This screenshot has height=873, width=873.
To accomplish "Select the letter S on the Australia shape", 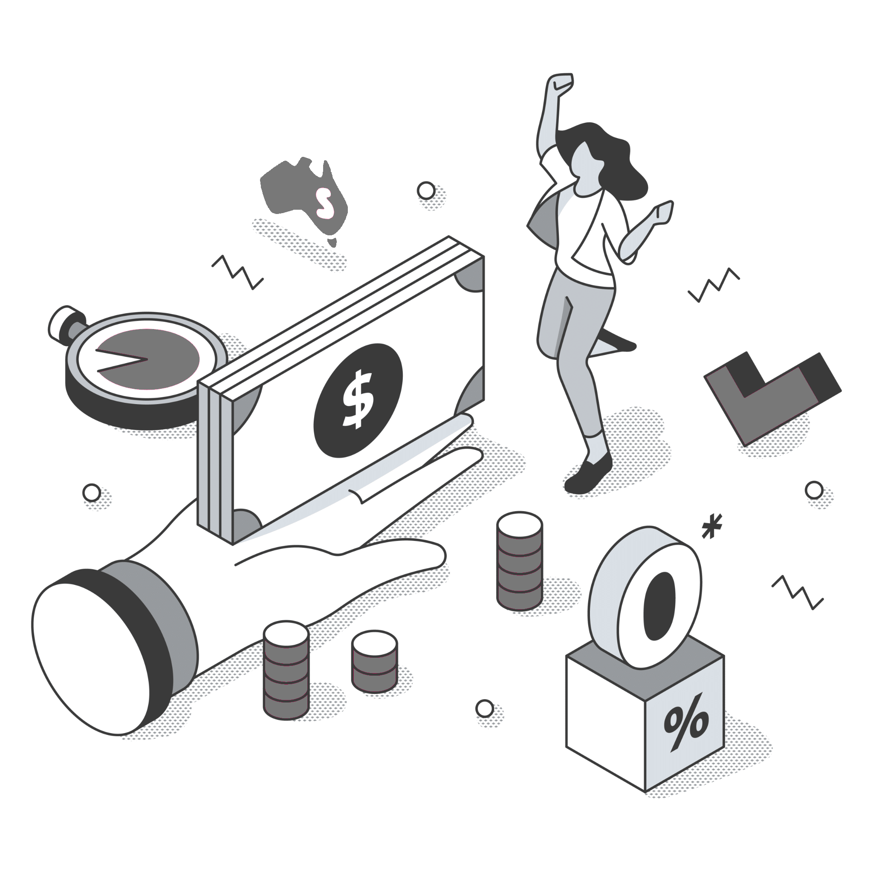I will pyautogui.click(x=324, y=202).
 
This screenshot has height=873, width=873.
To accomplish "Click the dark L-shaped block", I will pyautogui.click(x=768, y=393).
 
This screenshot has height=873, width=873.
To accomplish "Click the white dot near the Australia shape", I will pyautogui.click(x=426, y=191).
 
